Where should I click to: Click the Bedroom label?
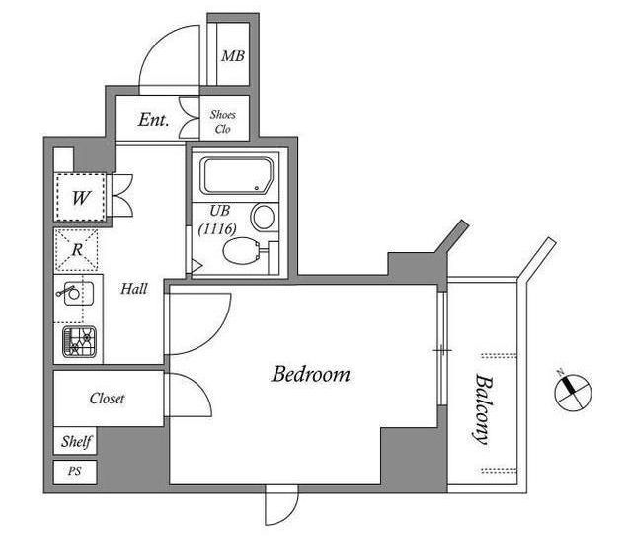pyautogui.click(x=311, y=374)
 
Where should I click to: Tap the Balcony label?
pyautogui.click(x=483, y=408)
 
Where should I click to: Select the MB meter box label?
pyautogui.click(x=233, y=56)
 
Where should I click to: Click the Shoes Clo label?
pyautogui.click(x=222, y=122)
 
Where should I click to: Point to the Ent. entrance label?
pyautogui.click(x=154, y=119)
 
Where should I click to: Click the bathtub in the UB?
pyautogui.click(x=237, y=176)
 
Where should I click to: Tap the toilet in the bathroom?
pyautogui.click(x=241, y=250)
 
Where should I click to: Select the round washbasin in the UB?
pyautogui.click(x=263, y=217)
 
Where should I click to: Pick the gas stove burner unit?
pyautogui.click(x=79, y=341)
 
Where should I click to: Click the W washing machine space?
pyautogui.click(x=80, y=198)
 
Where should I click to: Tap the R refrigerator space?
pyautogui.click(x=76, y=250)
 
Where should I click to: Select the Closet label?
pyautogui.click(x=108, y=399)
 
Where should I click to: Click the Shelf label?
pyautogui.click(x=76, y=441)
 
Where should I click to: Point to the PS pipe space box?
pyautogui.click(x=75, y=472)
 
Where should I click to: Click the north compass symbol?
pyautogui.click(x=573, y=393)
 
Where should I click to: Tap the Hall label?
pyautogui.click(x=134, y=289)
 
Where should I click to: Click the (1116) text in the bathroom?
pyautogui.click(x=217, y=229)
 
